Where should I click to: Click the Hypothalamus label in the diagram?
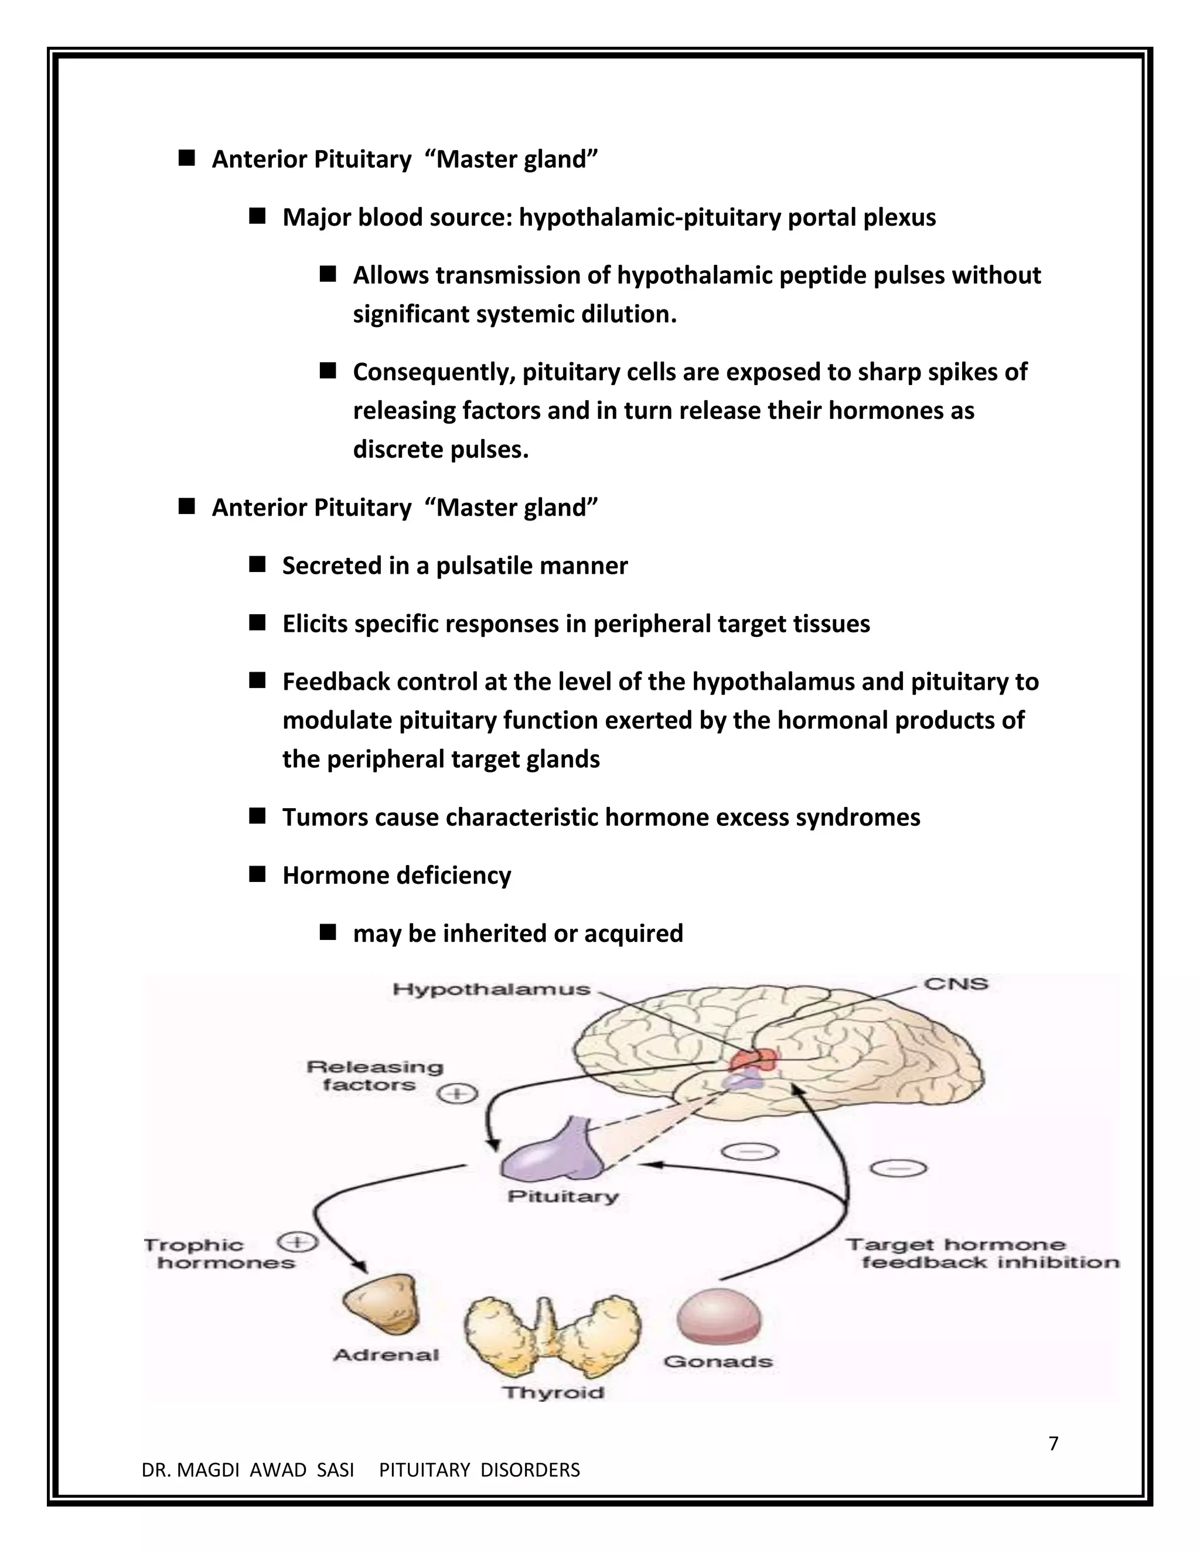[x=491, y=989]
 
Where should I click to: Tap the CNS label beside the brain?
[x=956, y=984]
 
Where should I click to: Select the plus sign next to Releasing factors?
[x=457, y=1093]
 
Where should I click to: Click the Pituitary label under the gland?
[x=563, y=1197]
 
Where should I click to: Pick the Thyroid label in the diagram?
[x=553, y=1392]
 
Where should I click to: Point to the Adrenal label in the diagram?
[x=386, y=1354]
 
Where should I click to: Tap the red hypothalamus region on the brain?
[x=752, y=1060]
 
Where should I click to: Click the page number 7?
[x=1054, y=1443]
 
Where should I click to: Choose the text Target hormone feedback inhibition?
[x=981, y=1253]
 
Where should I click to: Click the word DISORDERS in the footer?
[x=530, y=1470]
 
